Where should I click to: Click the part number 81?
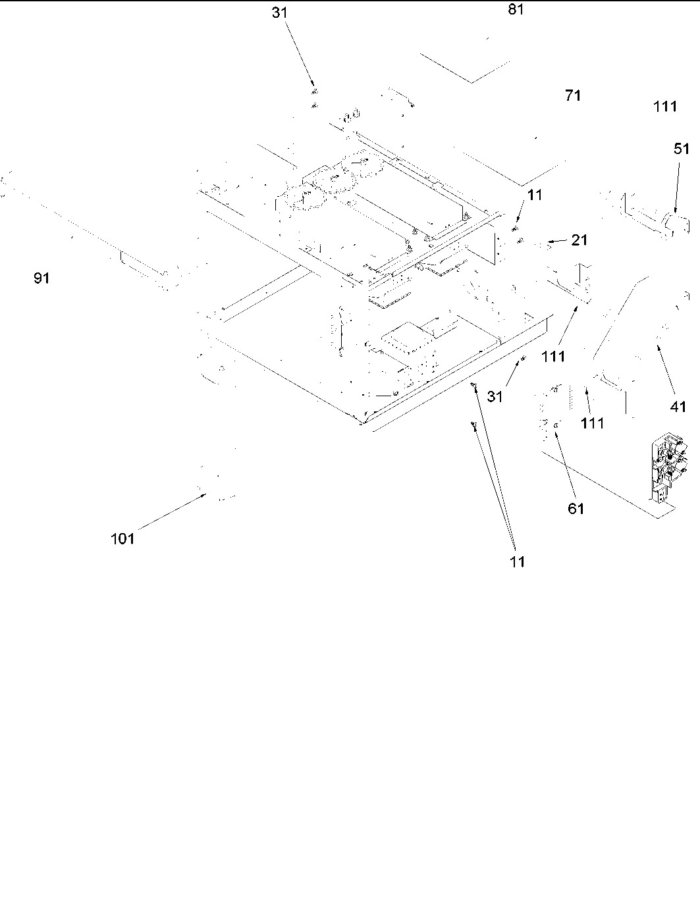(x=516, y=10)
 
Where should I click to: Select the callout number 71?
(x=573, y=95)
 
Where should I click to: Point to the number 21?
(x=579, y=240)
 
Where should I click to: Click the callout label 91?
(x=41, y=278)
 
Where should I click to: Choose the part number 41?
(x=678, y=407)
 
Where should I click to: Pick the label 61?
(x=576, y=508)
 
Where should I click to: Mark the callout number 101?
(x=122, y=539)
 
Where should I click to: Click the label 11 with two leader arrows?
(x=518, y=561)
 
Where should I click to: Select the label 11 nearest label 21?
(x=535, y=195)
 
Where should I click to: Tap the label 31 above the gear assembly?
(x=280, y=13)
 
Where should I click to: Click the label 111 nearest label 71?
(x=665, y=106)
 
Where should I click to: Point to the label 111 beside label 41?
(x=593, y=423)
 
